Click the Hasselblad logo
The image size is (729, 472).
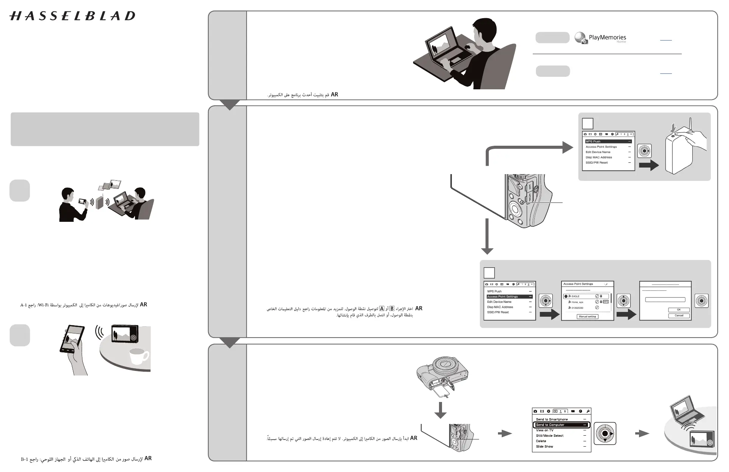(72, 16)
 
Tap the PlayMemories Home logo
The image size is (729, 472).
(600, 38)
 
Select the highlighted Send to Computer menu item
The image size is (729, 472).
(561, 425)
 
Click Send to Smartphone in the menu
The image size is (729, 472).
(552, 419)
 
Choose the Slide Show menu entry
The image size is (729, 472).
(544, 447)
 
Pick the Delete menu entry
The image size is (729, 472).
(541, 441)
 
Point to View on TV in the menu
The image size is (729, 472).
(544, 430)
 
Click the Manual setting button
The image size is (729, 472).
(587, 316)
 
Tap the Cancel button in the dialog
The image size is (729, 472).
(679, 315)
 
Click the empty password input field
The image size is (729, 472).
(665, 300)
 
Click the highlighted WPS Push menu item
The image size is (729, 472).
(608, 142)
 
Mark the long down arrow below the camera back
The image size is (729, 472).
(487, 237)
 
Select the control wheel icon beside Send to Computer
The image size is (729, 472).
(605, 434)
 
